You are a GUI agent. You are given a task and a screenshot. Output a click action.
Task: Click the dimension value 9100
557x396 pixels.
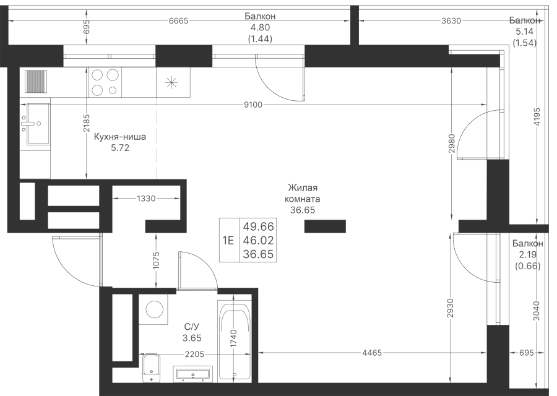pos(254,105)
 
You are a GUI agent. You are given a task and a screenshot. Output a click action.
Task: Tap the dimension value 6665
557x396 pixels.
pos(178,21)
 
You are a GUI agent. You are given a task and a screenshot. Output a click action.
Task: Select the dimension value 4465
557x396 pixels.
pos(372,353)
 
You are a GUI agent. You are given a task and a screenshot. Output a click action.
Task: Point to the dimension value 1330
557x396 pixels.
pos(146,198)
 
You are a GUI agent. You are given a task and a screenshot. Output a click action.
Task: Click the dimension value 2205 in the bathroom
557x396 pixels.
pos(195,354)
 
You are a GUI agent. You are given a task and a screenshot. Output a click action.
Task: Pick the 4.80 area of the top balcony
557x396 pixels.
pos(260,27)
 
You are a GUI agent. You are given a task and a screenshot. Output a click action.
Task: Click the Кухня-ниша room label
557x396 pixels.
pos(119,137)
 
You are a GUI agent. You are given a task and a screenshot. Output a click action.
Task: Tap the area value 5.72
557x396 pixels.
pos(120,148)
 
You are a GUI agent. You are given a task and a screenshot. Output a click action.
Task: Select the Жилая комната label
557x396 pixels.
pos(303,193)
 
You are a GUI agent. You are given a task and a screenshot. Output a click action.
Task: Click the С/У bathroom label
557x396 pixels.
pos(192,326)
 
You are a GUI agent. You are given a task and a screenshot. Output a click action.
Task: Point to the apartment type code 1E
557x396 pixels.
pos(228,241)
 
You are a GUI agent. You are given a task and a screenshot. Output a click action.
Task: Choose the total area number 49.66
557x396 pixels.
pos(258,226)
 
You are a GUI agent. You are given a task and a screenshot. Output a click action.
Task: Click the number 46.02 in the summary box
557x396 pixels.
pos(258,241)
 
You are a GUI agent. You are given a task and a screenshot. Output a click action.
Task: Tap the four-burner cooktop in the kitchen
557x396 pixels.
pos(105,82)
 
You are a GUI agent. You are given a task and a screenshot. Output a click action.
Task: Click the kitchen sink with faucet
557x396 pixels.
pos(35,124)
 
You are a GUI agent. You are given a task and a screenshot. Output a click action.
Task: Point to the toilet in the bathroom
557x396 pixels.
pos(152,368)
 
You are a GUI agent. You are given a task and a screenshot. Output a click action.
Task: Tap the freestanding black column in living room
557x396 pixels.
pos(325,226)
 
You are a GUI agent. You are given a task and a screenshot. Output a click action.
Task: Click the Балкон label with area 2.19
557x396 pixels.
pos(527,244)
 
